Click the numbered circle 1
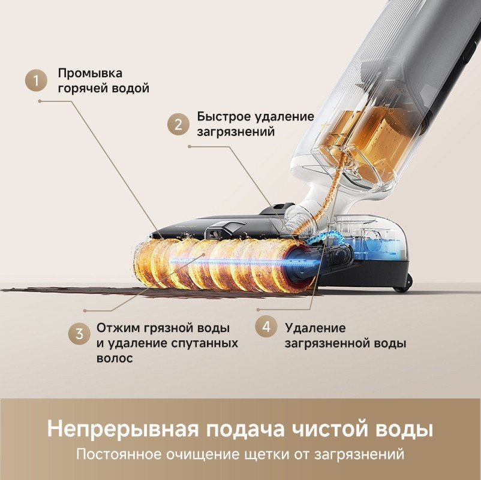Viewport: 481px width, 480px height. click(38, 81)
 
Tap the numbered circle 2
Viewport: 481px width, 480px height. click(178, 125)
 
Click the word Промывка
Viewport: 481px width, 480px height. click(90, 73)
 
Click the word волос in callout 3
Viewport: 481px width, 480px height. click(115, 358)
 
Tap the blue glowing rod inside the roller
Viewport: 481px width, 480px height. click(228, 262)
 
